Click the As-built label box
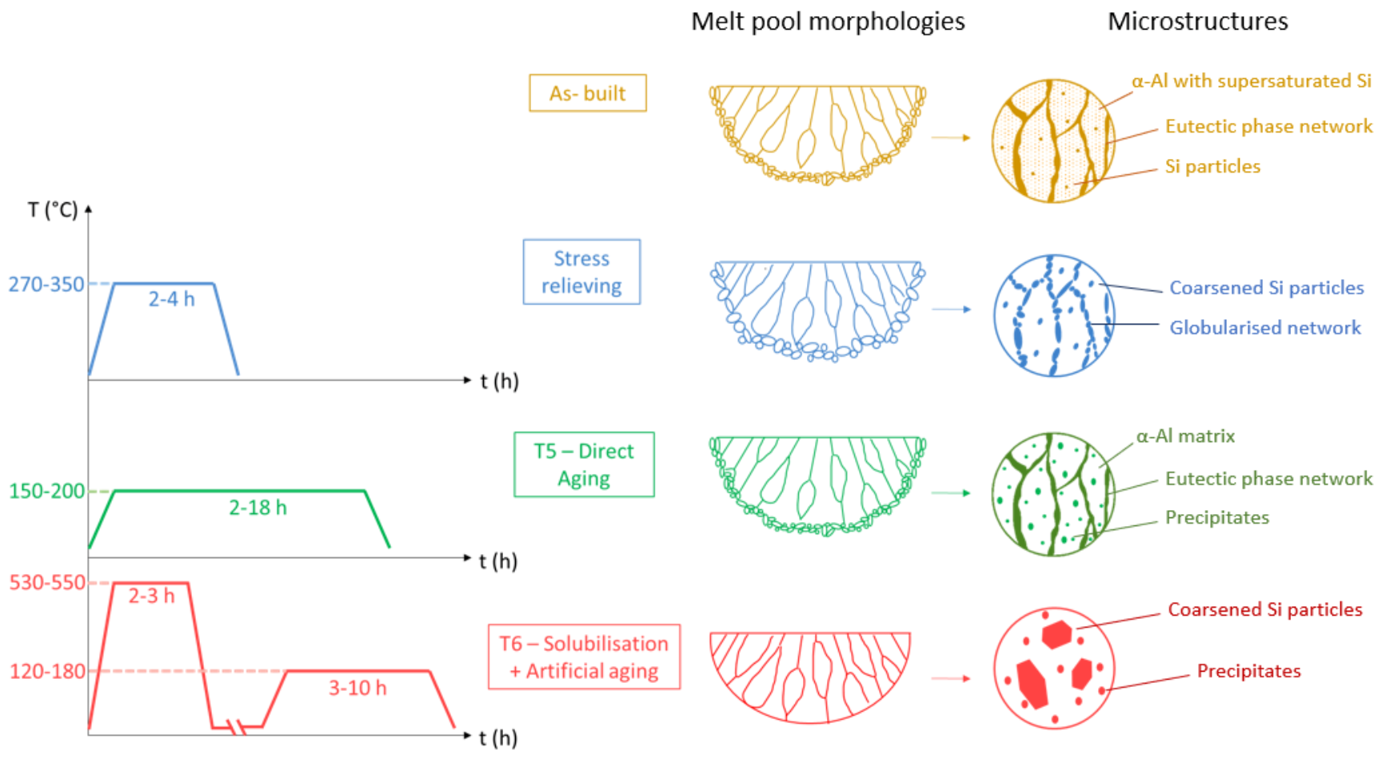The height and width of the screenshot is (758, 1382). (x=587, y=94)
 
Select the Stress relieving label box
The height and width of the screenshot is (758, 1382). (x=581, y=272)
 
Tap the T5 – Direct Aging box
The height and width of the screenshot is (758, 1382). (x=584, y=465)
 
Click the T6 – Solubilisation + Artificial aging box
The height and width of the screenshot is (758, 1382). (x=584, y=657)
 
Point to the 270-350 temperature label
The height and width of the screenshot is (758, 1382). (x=46, y=285)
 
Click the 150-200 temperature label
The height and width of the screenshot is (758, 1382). (x=46, y=491)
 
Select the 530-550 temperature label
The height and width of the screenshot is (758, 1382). (x=47, y=582)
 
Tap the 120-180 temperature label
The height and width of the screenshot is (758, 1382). (x=47, y=671)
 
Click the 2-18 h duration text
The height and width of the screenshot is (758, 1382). (x=258, y=508)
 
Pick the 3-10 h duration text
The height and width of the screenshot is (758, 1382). (x=357, y=688)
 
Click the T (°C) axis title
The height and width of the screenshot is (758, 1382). (x=53, y=210)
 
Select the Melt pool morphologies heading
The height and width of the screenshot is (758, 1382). (x=828, y=22)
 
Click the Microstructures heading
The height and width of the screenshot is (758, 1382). (x=1197, y=22)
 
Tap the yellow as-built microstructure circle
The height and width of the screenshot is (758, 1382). (x=1053, y=141)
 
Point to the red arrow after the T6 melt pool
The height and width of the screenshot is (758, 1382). (x=951, y=679)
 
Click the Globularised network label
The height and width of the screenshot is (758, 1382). (x=1264, y=328)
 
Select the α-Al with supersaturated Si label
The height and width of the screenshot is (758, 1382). (x=1251, y=82)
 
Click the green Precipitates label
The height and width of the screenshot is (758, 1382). (x=1216, y=518)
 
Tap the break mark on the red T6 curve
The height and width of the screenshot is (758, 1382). (x=237, y=728)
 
